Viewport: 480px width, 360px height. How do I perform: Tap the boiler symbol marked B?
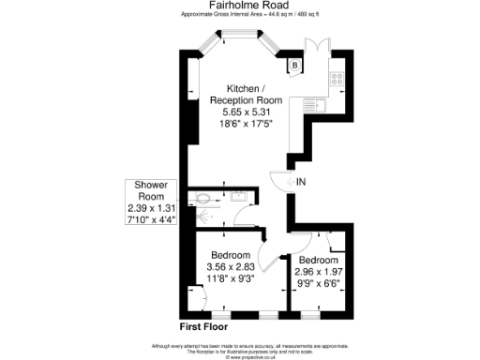coord(294,65)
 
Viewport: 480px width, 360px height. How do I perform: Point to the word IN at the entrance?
coord(301,180)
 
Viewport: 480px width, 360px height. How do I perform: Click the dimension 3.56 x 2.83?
coord(230,267)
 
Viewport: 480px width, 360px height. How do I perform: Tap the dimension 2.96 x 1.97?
coord(319,270)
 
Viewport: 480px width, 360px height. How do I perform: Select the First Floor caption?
coord(205,326)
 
